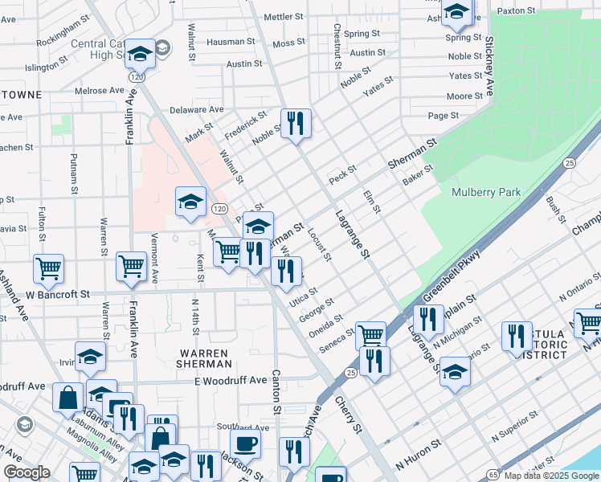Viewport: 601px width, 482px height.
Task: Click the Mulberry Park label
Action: point(486,192)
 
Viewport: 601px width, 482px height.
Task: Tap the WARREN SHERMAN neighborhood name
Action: point(204,358)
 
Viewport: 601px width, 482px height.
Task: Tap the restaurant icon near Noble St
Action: point(296,124)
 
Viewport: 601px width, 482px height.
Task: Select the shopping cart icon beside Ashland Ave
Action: point(48,269)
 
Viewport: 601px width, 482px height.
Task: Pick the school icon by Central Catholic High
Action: point(141,54)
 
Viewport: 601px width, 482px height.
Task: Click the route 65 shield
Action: point(492,475)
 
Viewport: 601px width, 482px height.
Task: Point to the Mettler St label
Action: point(284,16)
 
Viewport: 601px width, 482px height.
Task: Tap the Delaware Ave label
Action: point(196,110)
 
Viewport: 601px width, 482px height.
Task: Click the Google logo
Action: point(27,472)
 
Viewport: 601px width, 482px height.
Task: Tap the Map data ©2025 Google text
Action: point(550,476)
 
